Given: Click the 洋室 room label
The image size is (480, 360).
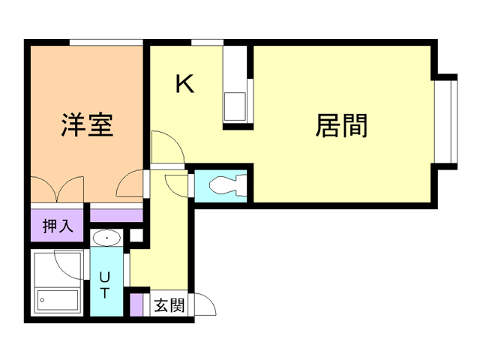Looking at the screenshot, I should pyautogui.click(x=86, y=124).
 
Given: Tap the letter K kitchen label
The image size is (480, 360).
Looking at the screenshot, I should pyautogui.click(x=184, y=84).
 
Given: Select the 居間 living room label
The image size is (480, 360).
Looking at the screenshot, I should pyautogui.click(x=342, y=125).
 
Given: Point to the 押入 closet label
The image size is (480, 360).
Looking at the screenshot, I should pyautogui.click(x=58, y=226).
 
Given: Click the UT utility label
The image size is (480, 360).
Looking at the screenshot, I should pyautogui.click(x=104, y=285).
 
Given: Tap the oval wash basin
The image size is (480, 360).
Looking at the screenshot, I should pyautogui.click(x=108, y=238).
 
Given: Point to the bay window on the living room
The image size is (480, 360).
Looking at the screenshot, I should pyautogui.click(x=448, y=120).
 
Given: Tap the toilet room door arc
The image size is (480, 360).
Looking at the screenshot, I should pyautogui.click(x=177, y=184).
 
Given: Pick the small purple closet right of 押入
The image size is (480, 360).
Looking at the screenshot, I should pyautogui.click(x=116, y=215).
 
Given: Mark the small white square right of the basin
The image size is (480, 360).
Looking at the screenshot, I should pyautogui.click(x=136, y=237).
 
